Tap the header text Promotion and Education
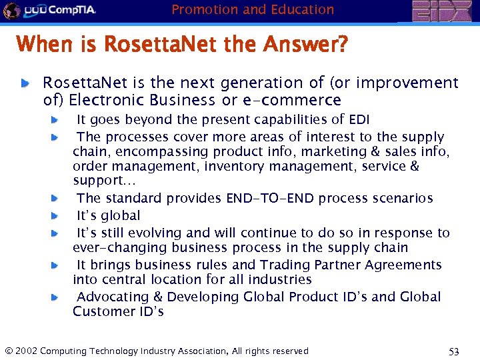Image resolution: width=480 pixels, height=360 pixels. coord(253,9)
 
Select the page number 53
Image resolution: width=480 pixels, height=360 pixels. coord(454,351)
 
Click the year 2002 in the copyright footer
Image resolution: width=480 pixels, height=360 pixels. coord(27,351)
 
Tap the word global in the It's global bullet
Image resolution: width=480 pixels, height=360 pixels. coord(119,215)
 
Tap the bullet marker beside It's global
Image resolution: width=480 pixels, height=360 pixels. coord(56,216)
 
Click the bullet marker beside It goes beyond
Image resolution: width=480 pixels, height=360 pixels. coord(56,120)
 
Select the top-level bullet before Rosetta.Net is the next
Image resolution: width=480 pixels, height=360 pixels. coord(25,83)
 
